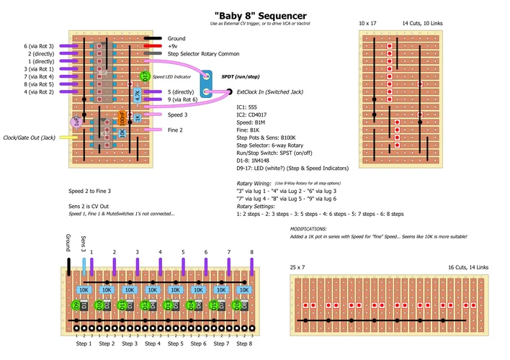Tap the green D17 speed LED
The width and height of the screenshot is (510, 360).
click(x=144, y=76)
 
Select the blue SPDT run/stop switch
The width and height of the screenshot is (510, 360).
click(x=206, y=85)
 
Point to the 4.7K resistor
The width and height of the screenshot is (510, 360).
click(x=138, y=94)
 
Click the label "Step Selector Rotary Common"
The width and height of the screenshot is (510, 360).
click(x=203, y=54)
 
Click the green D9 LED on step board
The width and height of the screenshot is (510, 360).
click(x=75, y=305)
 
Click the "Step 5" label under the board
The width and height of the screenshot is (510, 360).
click(x=175, y=343)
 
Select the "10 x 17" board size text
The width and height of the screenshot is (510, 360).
click(x=368, y=23)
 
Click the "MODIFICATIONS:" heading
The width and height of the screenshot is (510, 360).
click(x=311, y=228)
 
